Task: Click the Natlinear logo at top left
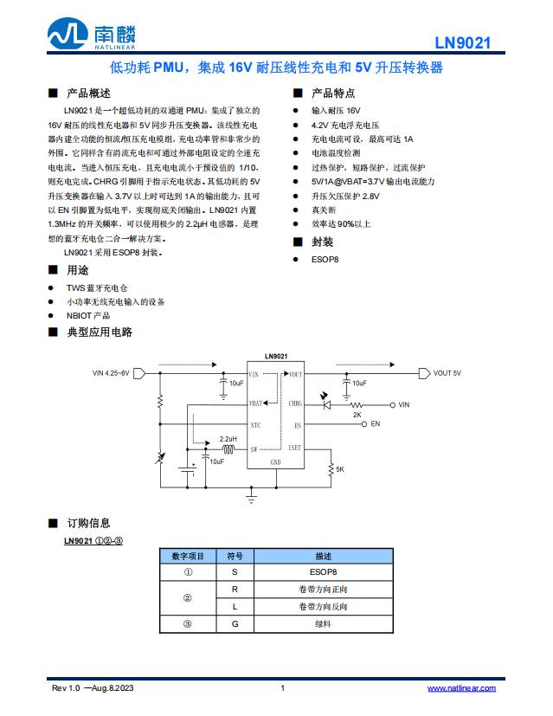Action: (92, 35)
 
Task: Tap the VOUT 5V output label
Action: (447, 374)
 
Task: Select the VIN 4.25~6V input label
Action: (111, 373)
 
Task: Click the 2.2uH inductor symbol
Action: (228, 450)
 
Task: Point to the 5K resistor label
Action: (340, 469)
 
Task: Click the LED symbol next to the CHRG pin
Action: (326, 403)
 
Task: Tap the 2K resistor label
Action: (357, 415)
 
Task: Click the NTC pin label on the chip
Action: (254, 425)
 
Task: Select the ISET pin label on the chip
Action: (295, 448)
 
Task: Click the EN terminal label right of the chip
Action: (375, 424)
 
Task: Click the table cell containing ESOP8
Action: (324, 572)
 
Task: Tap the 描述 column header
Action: (324, 556)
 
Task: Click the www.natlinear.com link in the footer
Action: (461, 687)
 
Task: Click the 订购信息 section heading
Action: (88, 523)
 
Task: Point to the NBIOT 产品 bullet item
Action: (88, 316)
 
